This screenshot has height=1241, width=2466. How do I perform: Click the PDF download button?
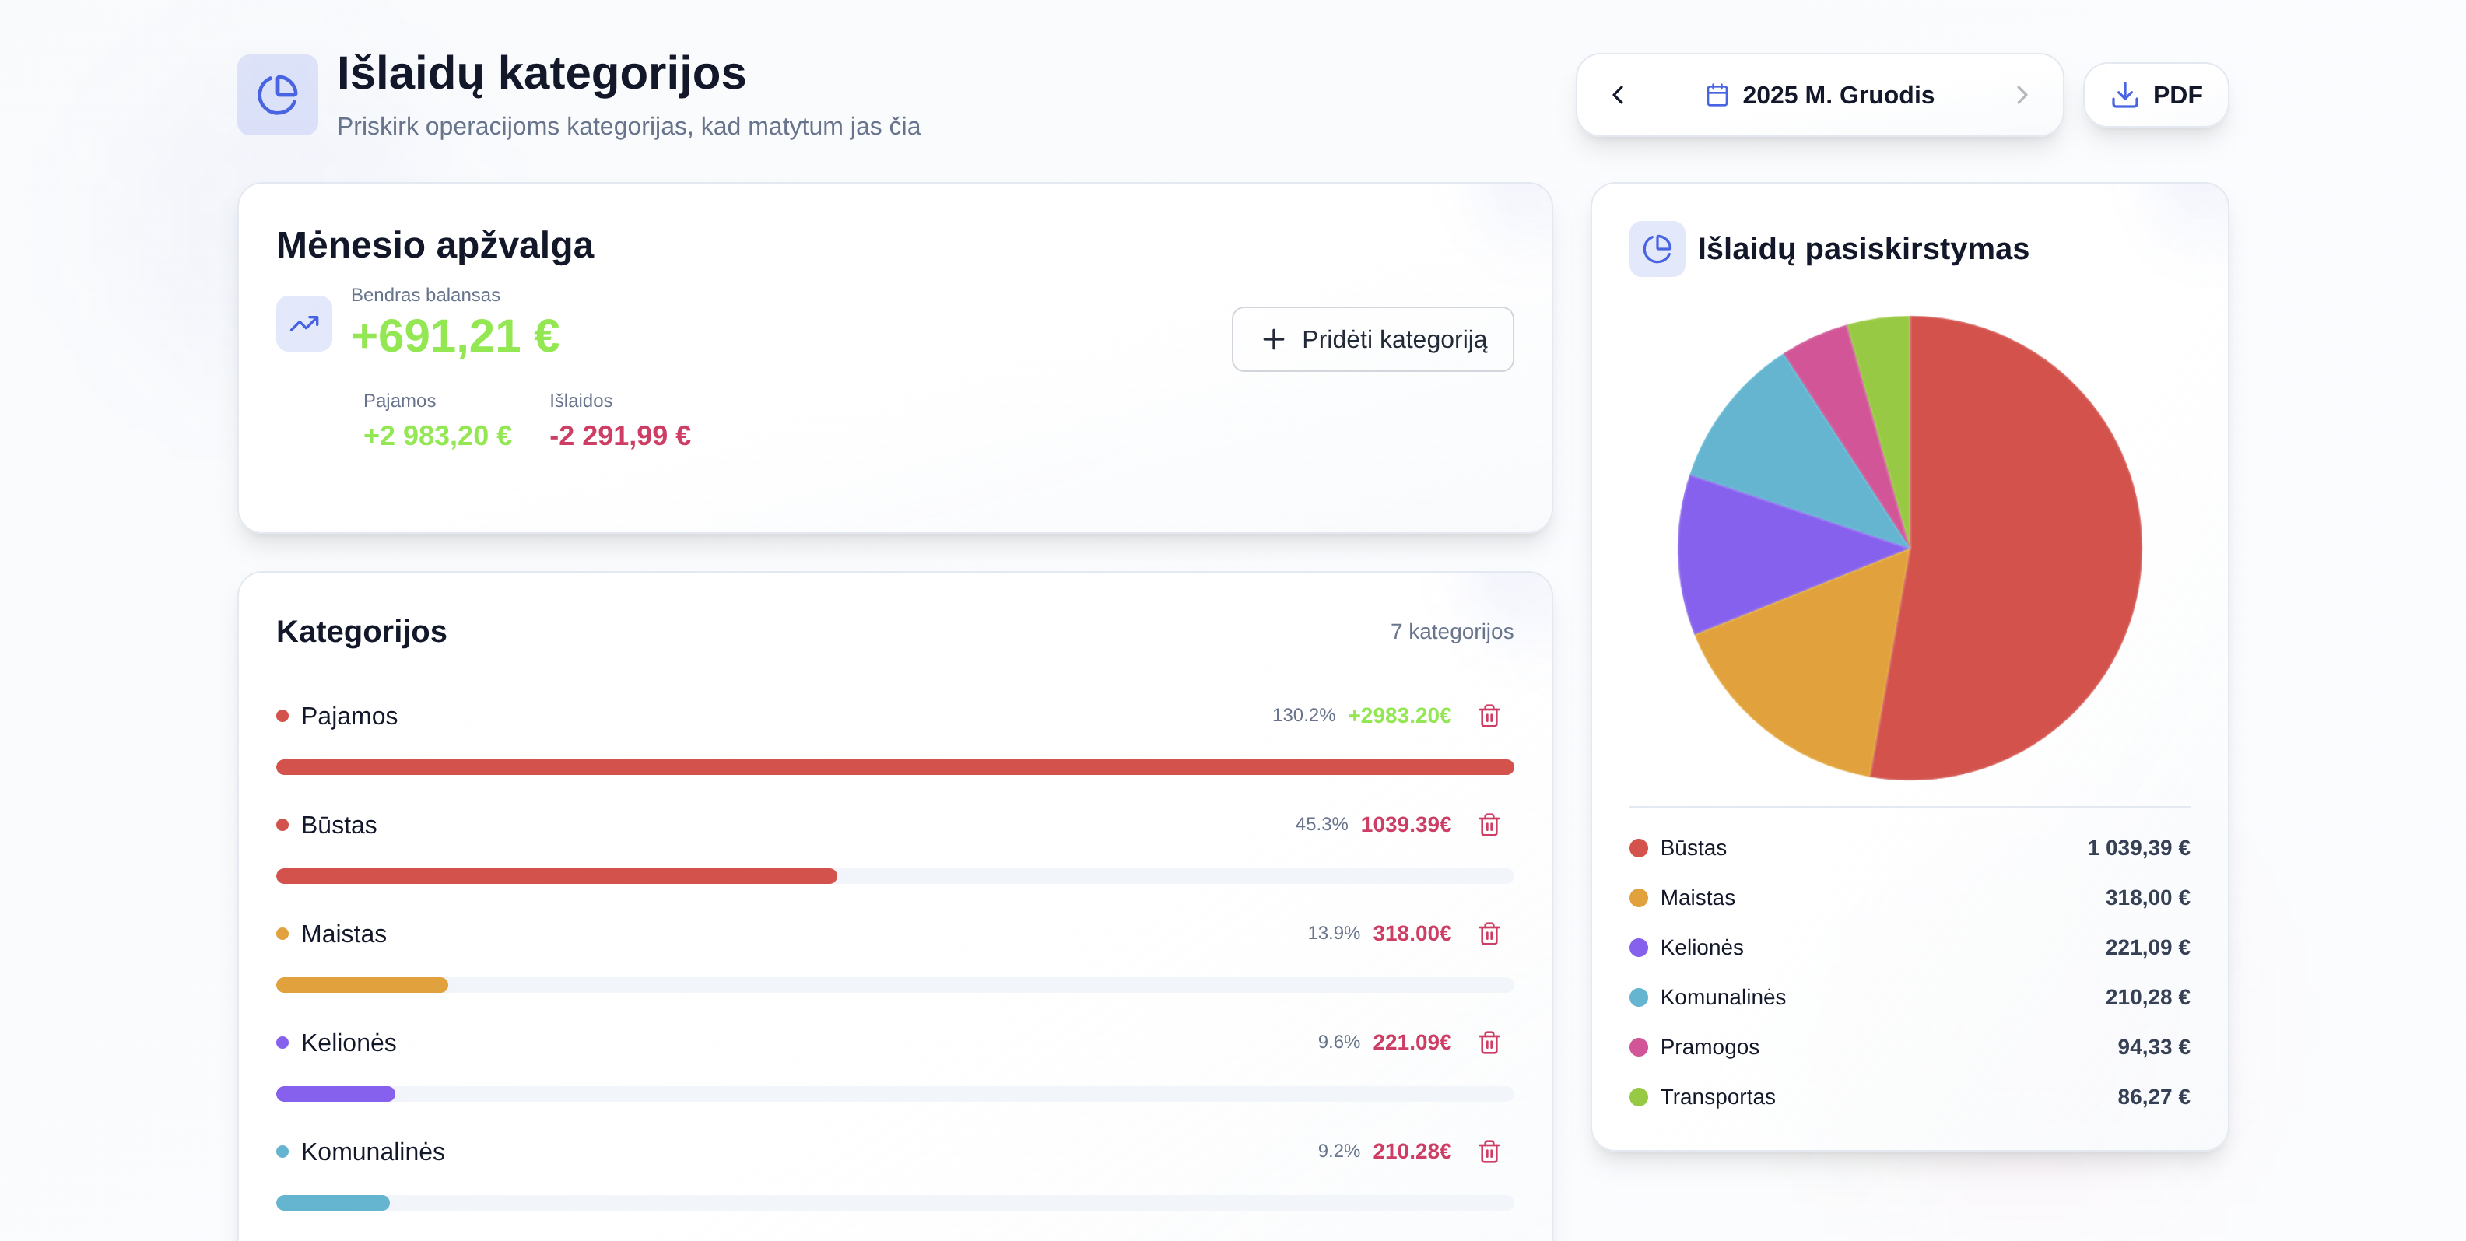point(2155,95)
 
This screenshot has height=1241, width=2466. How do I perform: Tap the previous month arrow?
point(1618,95)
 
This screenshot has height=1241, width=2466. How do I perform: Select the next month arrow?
point(2021,95)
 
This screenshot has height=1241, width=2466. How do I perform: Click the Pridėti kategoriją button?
point(1372,340)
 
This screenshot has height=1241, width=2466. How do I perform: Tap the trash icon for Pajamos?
point(1489,716)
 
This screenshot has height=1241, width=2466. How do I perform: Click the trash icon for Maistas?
point(1489,934)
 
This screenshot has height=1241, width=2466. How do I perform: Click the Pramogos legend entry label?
point(1709,1046)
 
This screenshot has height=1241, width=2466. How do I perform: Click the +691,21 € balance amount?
point(454,337)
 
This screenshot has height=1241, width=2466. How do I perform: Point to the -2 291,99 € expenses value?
point(619,436)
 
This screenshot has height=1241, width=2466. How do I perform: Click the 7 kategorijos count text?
point(1450,632)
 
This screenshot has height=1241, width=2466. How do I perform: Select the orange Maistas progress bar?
point(362,984)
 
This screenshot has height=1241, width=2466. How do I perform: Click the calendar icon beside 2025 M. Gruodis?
point(1717,95)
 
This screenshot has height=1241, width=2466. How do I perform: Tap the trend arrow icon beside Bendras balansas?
point(303,324)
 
